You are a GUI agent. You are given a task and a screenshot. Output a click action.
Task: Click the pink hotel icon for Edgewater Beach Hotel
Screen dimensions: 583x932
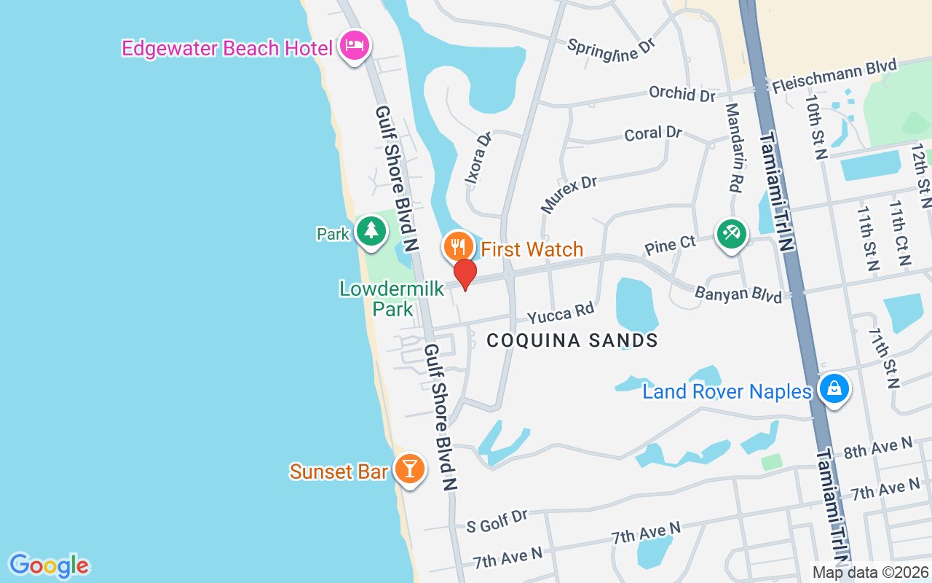pyautogui.click(x=355, y=46)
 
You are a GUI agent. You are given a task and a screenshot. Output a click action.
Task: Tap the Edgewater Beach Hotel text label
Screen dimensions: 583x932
pyautogui.click(x=226, y=48)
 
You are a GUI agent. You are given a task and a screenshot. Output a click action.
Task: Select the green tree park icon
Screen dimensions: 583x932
pyautogui.click(x=371, y=230)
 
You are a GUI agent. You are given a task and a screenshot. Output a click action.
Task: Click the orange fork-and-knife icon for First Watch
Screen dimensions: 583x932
pyautogui.click(x=458, y=246)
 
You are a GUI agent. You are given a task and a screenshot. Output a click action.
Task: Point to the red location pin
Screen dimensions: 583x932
pyautogui.click(x=465, y=274)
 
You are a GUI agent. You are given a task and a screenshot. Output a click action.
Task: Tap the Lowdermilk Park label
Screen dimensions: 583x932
pyautogui.click(x=392, y=299)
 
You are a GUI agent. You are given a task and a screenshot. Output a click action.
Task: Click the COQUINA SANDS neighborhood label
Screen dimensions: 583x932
pyautogui.click(x=572, y=340)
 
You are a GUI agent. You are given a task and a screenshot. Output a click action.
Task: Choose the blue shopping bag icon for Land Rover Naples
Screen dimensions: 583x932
pyautogui.click(x=834, y=388)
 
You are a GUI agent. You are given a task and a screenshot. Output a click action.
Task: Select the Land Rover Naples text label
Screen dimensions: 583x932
pyautogui.click(x=726, y=392)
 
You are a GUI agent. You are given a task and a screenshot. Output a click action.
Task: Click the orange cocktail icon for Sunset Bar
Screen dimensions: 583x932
pyautogui.click(x=410, y=469)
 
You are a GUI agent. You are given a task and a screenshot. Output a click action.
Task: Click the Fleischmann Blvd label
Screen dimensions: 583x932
pyautogui.click(x=834, y=76)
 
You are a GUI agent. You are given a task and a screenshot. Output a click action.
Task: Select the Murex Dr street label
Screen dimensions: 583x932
pyautogui.click(x=569, y=194)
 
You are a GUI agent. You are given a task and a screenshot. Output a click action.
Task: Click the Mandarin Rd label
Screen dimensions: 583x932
pyautogui.click(x=732, y=149)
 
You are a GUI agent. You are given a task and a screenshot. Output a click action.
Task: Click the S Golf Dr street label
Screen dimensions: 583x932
pyautogui.click(x=497, y=520)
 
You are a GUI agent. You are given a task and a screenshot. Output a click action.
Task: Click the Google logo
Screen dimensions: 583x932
pyautogui.click(x=49, y=566)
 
